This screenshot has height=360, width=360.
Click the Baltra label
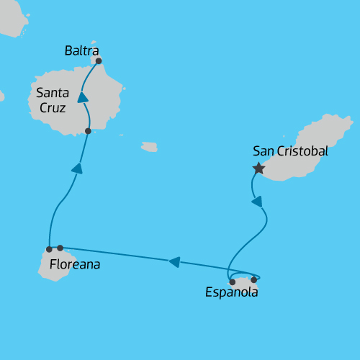(x=81, y=50)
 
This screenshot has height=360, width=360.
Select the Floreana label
(x=75, y=265)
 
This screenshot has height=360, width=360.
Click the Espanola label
(x=231, y=292)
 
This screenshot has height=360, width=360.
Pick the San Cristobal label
(x=290, y=151)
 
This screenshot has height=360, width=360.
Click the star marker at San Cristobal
(x=258, y=168)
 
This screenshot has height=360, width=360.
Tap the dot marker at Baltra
(x=99, y=61)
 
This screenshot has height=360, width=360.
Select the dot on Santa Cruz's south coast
(x=88, y=131)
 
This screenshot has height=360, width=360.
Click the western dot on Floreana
(x=49, y=249)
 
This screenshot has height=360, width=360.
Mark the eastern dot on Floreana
(x=60, y=248)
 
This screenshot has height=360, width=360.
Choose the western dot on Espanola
(x=232, y=282)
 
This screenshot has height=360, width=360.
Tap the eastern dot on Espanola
(x=254, y=280)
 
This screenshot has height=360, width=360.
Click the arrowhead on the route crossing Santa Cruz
(x=83, y=97)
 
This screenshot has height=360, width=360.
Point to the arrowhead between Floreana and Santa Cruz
(x=77, y=168)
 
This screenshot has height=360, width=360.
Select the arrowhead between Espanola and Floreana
(x=174, y=262)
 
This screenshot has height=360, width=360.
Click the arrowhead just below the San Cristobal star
(x=256, y=202)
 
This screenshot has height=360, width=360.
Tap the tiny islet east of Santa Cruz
(x=149, y=147)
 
